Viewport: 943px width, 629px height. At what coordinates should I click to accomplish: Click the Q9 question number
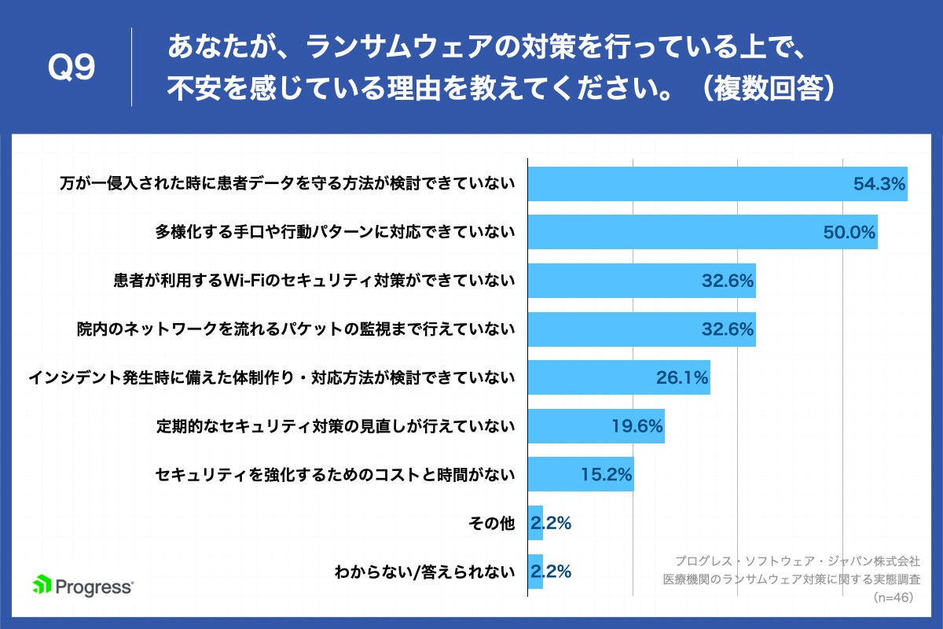[72, 68]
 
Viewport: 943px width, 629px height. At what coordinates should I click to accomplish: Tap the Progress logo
[83, 586]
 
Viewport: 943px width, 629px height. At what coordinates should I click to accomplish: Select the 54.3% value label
[879, 184]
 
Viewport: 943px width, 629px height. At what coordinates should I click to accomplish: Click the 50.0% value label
[849, 232]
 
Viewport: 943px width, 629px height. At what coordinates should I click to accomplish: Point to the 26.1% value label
[682, 378]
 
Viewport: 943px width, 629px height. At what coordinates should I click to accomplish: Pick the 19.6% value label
[637, 426]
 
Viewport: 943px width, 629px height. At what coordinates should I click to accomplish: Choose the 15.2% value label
[607, 475]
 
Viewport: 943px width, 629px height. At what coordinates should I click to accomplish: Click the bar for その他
[535, 523]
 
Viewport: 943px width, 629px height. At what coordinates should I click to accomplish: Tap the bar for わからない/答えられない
[535, 571]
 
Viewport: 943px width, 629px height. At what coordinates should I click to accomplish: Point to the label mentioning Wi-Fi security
[314, 281]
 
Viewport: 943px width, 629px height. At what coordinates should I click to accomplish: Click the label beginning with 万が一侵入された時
[288, 184]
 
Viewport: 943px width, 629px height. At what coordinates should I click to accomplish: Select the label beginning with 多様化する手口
[335, 232]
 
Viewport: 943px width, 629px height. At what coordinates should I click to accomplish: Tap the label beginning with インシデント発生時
[272, 378]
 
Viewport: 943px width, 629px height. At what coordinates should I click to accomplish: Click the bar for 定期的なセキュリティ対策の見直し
[596, 426]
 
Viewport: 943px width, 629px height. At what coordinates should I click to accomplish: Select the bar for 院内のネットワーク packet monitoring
[641, 329]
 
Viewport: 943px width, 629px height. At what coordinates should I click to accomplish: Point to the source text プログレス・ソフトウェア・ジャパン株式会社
[797, 561]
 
